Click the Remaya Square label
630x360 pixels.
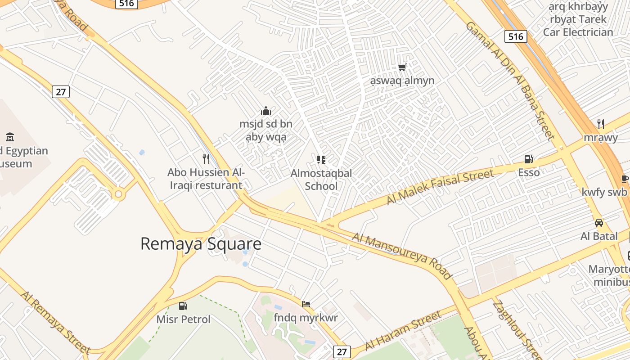[x=201, y=243]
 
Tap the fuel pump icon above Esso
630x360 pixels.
[x=528, y=159]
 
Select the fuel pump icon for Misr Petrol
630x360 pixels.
[x=183, y=306]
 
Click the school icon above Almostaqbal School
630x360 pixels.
[x=321, y=159]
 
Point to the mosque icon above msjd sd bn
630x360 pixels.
[x=266, y=111]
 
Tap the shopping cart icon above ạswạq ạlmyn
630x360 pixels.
[x=402, y=67]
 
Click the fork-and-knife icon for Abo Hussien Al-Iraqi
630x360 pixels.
[x=206, y=158]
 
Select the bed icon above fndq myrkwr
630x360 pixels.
[x=306, y=304]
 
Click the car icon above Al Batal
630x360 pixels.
[x=599, y=223]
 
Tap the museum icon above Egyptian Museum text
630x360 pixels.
[x=10, y=137]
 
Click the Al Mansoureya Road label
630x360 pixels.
[x=401, y=255]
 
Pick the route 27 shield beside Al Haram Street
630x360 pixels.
[x=342, y=351]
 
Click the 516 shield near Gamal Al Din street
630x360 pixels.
[x=515, y=36]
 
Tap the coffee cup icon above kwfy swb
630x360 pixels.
[x=625, y=179]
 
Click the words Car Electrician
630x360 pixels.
[x=578, y=32]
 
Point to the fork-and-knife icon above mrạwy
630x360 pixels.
[x=600, y=124]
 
